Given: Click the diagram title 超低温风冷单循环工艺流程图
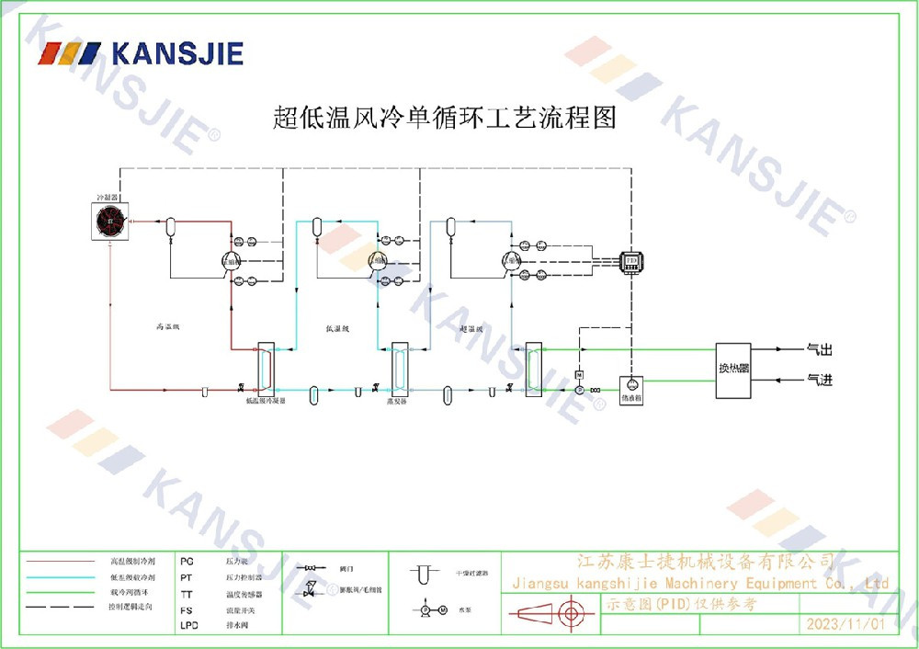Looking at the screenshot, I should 445,118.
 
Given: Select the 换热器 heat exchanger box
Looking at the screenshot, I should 733,370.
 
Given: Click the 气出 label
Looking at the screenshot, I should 819,349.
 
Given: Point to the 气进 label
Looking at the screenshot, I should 819,380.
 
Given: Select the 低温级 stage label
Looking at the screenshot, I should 337,328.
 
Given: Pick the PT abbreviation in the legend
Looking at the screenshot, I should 187,577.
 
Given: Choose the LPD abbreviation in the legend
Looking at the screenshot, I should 188,625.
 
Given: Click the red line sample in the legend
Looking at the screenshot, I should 60,561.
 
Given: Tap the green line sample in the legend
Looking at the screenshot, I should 60,592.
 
